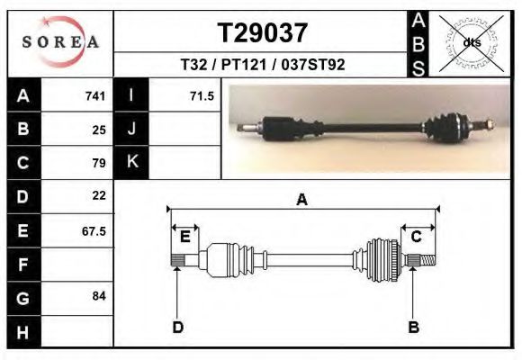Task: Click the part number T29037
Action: click(262, 33)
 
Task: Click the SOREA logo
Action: click(60, 42)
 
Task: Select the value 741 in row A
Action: click(95, 96)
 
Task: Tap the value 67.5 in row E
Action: click(94, 231)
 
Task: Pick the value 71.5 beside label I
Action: click(202, 96)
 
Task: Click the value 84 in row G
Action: click(99, 296)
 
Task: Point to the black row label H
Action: click(22, 332)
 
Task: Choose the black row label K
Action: click(131, 161)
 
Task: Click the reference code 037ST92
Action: click(313, 65)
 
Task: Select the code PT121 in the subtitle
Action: click(244, 65)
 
